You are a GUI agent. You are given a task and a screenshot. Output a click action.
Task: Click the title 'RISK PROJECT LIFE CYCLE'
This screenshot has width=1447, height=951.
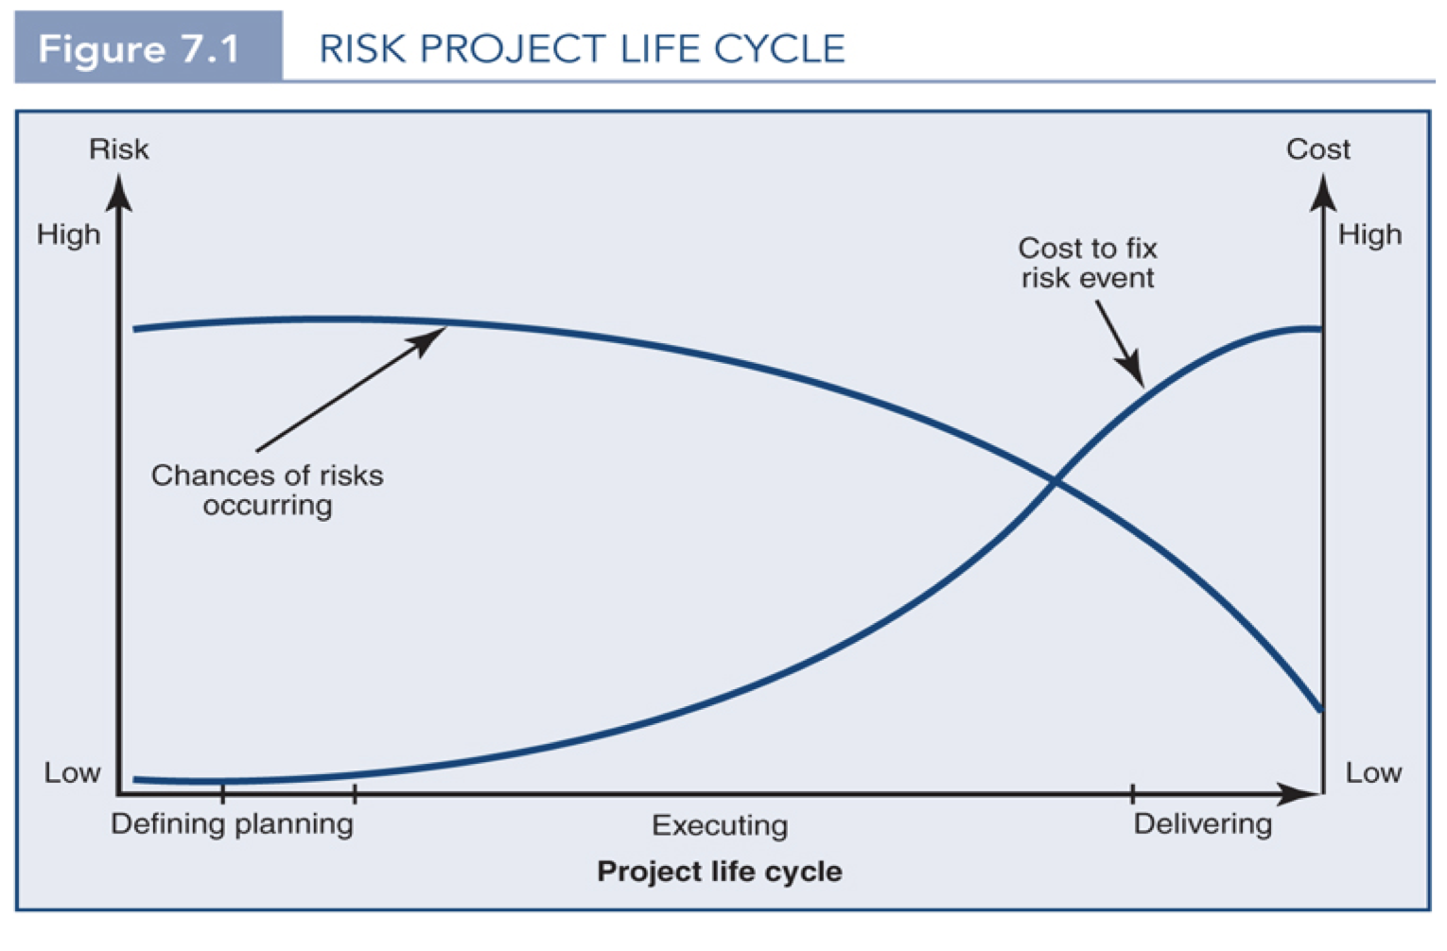tap(582, 48)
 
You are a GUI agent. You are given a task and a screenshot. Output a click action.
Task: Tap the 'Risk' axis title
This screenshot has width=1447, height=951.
tap(118, 149)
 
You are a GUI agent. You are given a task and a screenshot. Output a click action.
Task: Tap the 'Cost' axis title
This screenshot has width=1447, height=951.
tap(1317, 149)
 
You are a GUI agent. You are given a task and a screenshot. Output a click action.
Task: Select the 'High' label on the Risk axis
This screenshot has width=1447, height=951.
tap(68, 234)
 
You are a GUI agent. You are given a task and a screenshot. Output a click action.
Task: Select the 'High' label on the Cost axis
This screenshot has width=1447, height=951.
tap(1369, 234)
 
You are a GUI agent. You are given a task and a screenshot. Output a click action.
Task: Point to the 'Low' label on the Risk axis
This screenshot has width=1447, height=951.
tap(72, 772)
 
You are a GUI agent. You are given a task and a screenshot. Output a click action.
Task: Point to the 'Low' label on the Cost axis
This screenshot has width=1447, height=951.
tap(1373, 772)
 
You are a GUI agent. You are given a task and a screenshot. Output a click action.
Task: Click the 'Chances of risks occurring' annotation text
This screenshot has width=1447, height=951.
tap(267, 490)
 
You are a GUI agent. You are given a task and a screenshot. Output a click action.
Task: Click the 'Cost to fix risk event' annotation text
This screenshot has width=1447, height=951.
tap(1088, 263)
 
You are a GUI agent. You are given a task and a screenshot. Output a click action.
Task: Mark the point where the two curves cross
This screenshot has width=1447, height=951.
tap(1055, 482)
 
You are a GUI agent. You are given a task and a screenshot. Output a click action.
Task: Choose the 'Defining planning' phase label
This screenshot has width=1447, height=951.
tap(232, 824)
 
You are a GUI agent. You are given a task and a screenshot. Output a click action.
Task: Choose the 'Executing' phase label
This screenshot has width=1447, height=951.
tap(719, 825)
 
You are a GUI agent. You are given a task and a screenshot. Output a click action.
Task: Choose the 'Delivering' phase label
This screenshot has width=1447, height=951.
tap(1202, 824)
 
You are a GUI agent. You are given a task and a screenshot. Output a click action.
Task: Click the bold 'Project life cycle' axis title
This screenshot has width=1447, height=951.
tap(719, 871)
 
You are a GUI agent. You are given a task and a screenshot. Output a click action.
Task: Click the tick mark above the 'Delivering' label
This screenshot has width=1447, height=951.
tap(1132, 793)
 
